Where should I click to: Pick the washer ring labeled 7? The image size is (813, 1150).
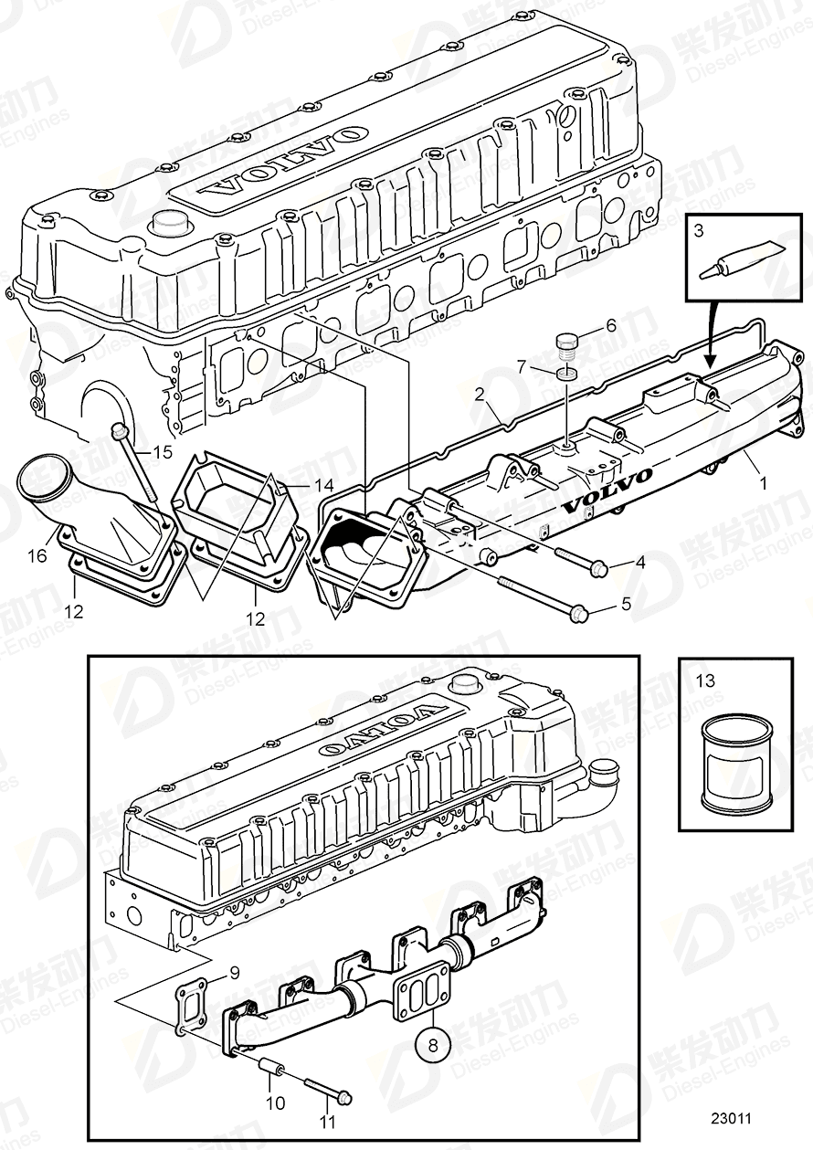pos(567,375)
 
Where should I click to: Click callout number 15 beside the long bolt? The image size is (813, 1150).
pos(162,450)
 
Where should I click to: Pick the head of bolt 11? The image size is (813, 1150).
pos(345,1095)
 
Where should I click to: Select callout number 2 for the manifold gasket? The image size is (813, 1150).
pos(478,394)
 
